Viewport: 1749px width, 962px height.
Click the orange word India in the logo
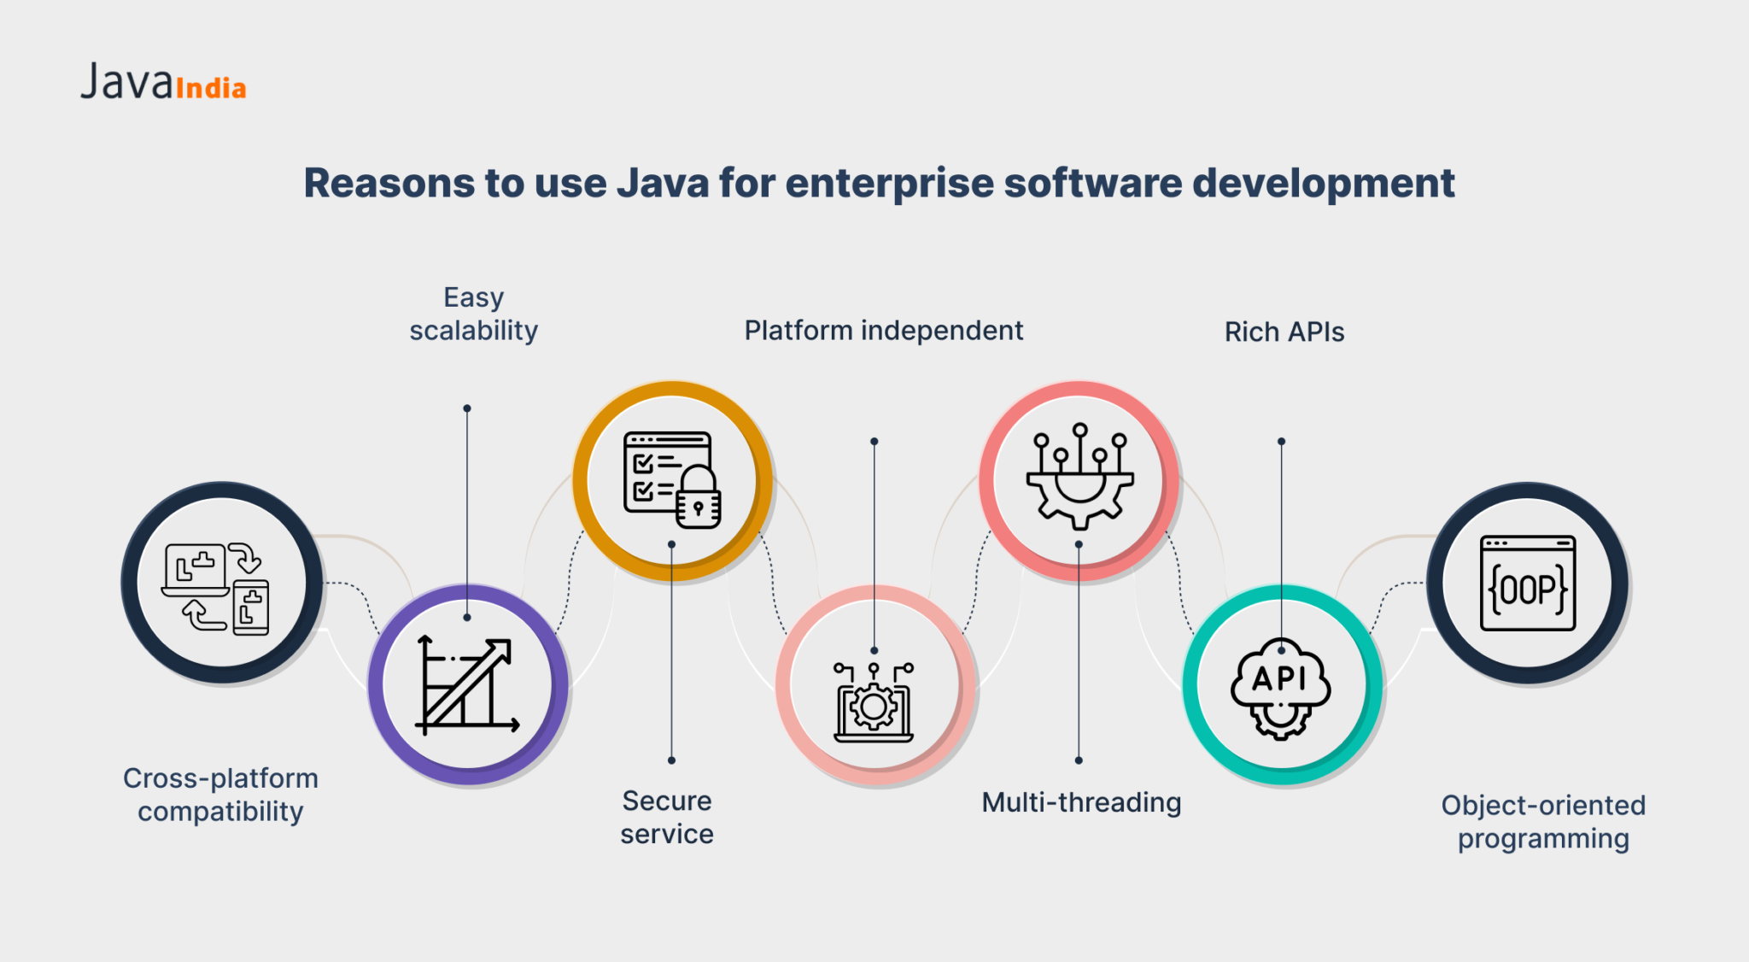click(x=211, y=88)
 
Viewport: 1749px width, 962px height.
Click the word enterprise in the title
click(x=889, y=184)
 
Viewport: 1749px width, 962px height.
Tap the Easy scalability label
click(x=473, y=314)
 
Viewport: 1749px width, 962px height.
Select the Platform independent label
click(x=883, y=331)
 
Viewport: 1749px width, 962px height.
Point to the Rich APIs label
click(x=1284, y=331)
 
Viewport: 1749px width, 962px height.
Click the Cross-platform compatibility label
click(x=220, y=795)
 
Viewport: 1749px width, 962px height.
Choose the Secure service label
click(x=667, y=817)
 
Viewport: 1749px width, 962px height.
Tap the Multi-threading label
click(x=1081, y=802)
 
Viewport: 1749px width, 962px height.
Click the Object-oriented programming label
click(x=1543, y=821)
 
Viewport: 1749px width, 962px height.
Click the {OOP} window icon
click(x=1527, y=584)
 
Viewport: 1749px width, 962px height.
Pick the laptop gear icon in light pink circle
click(x=874, y=702)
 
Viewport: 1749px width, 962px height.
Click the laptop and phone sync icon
click(x=217, y=588)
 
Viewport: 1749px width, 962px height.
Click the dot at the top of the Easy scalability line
click(x=467, y=408)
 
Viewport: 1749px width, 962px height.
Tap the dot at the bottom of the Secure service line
click(x=672, y=760)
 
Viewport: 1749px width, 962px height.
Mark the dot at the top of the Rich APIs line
click(x=1281, y=442)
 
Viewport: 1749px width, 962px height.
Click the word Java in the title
click(x=663, y=184)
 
